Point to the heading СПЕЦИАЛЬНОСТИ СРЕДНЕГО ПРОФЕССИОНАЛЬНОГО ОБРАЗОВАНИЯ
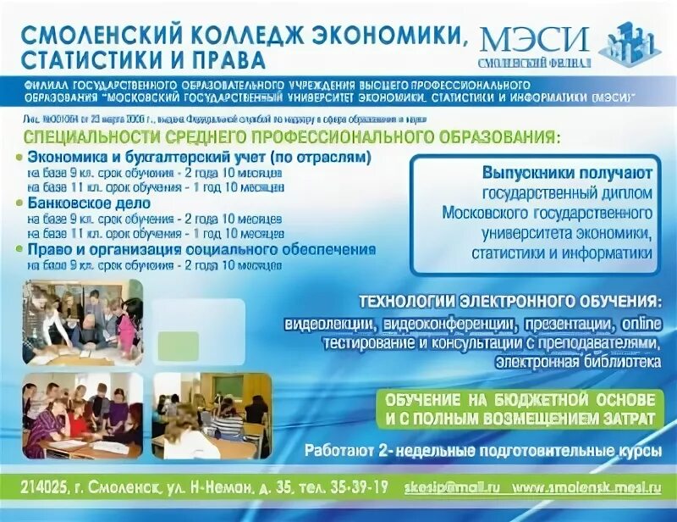click(x=292, y=137)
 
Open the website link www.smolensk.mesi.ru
click(x=588, y=487)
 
